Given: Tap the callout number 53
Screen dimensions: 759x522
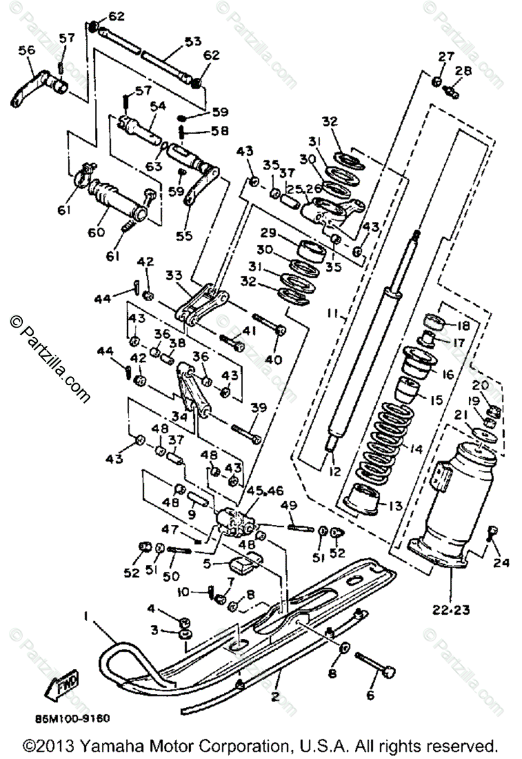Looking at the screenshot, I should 192,41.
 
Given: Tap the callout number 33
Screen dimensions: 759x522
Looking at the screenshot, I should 173,275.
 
